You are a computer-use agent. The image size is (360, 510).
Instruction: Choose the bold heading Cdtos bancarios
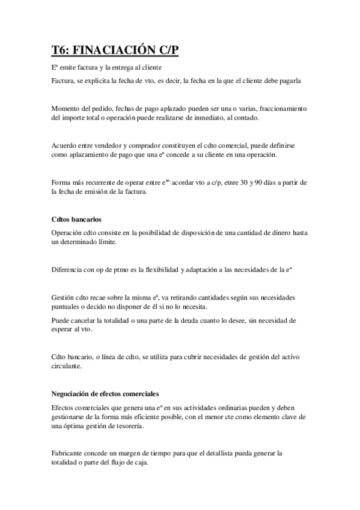pos(76,219)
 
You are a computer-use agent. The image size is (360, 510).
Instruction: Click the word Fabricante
pos(70,453)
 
